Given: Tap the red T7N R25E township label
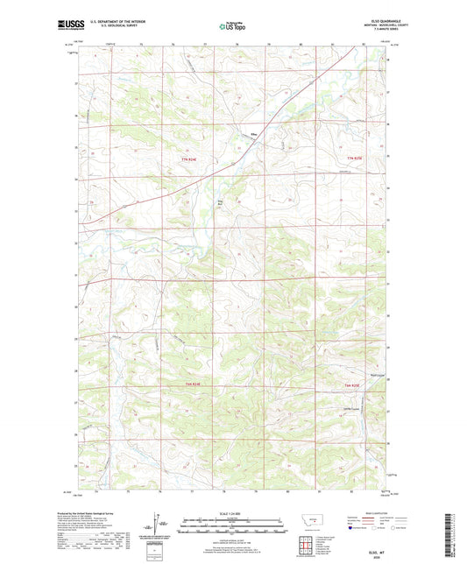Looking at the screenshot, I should (x=353, y=157).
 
